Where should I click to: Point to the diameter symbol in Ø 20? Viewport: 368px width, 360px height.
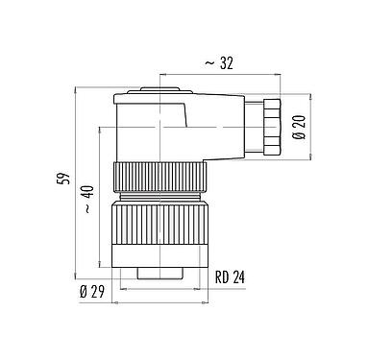coord(299,136)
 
